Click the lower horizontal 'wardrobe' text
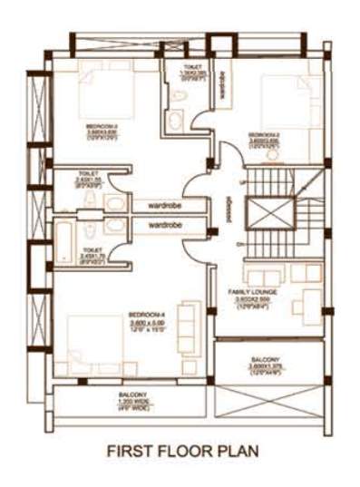coord(163,222)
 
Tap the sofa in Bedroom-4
coord(184,322)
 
